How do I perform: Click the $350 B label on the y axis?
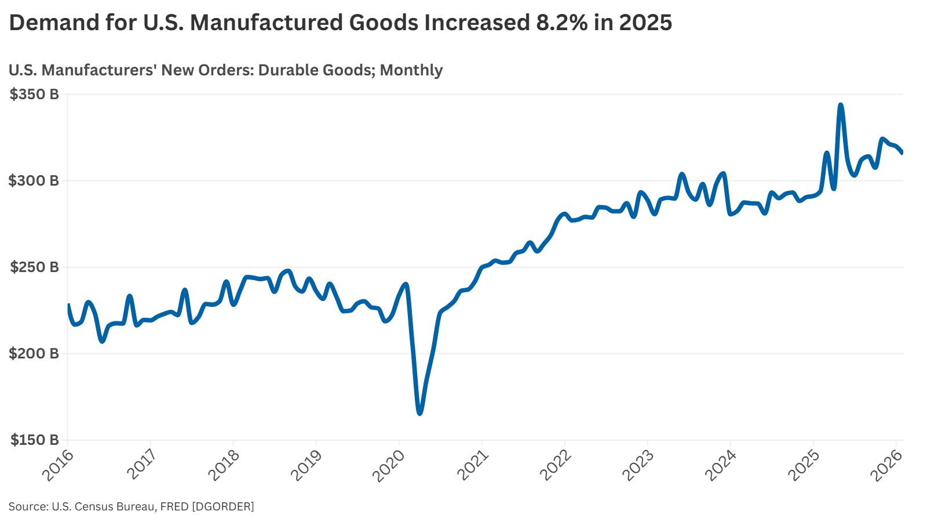[x=34, y=95]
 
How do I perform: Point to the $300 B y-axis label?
[x=34, y=181]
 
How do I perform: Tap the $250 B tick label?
[x=34, y=267]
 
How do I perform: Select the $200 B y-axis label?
[x=34, y=354]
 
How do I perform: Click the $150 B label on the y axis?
[x=34, y=440]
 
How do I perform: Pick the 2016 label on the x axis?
[x=59, y=465]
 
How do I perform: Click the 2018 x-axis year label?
[x=224, y=465]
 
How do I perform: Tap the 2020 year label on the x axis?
[x=390, y=465]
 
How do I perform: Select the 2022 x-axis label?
[x=556, y=465]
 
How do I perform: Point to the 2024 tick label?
[x=721, y=465]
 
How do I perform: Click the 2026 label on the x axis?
[x=887, y=465]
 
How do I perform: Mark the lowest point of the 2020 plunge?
[x=419, y=413]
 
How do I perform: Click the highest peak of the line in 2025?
[x=840, y=105]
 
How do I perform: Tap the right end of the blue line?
[x=902, y=153]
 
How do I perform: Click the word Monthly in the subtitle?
[x=411, y=70]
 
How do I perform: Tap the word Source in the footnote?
[x=27, y=506]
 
